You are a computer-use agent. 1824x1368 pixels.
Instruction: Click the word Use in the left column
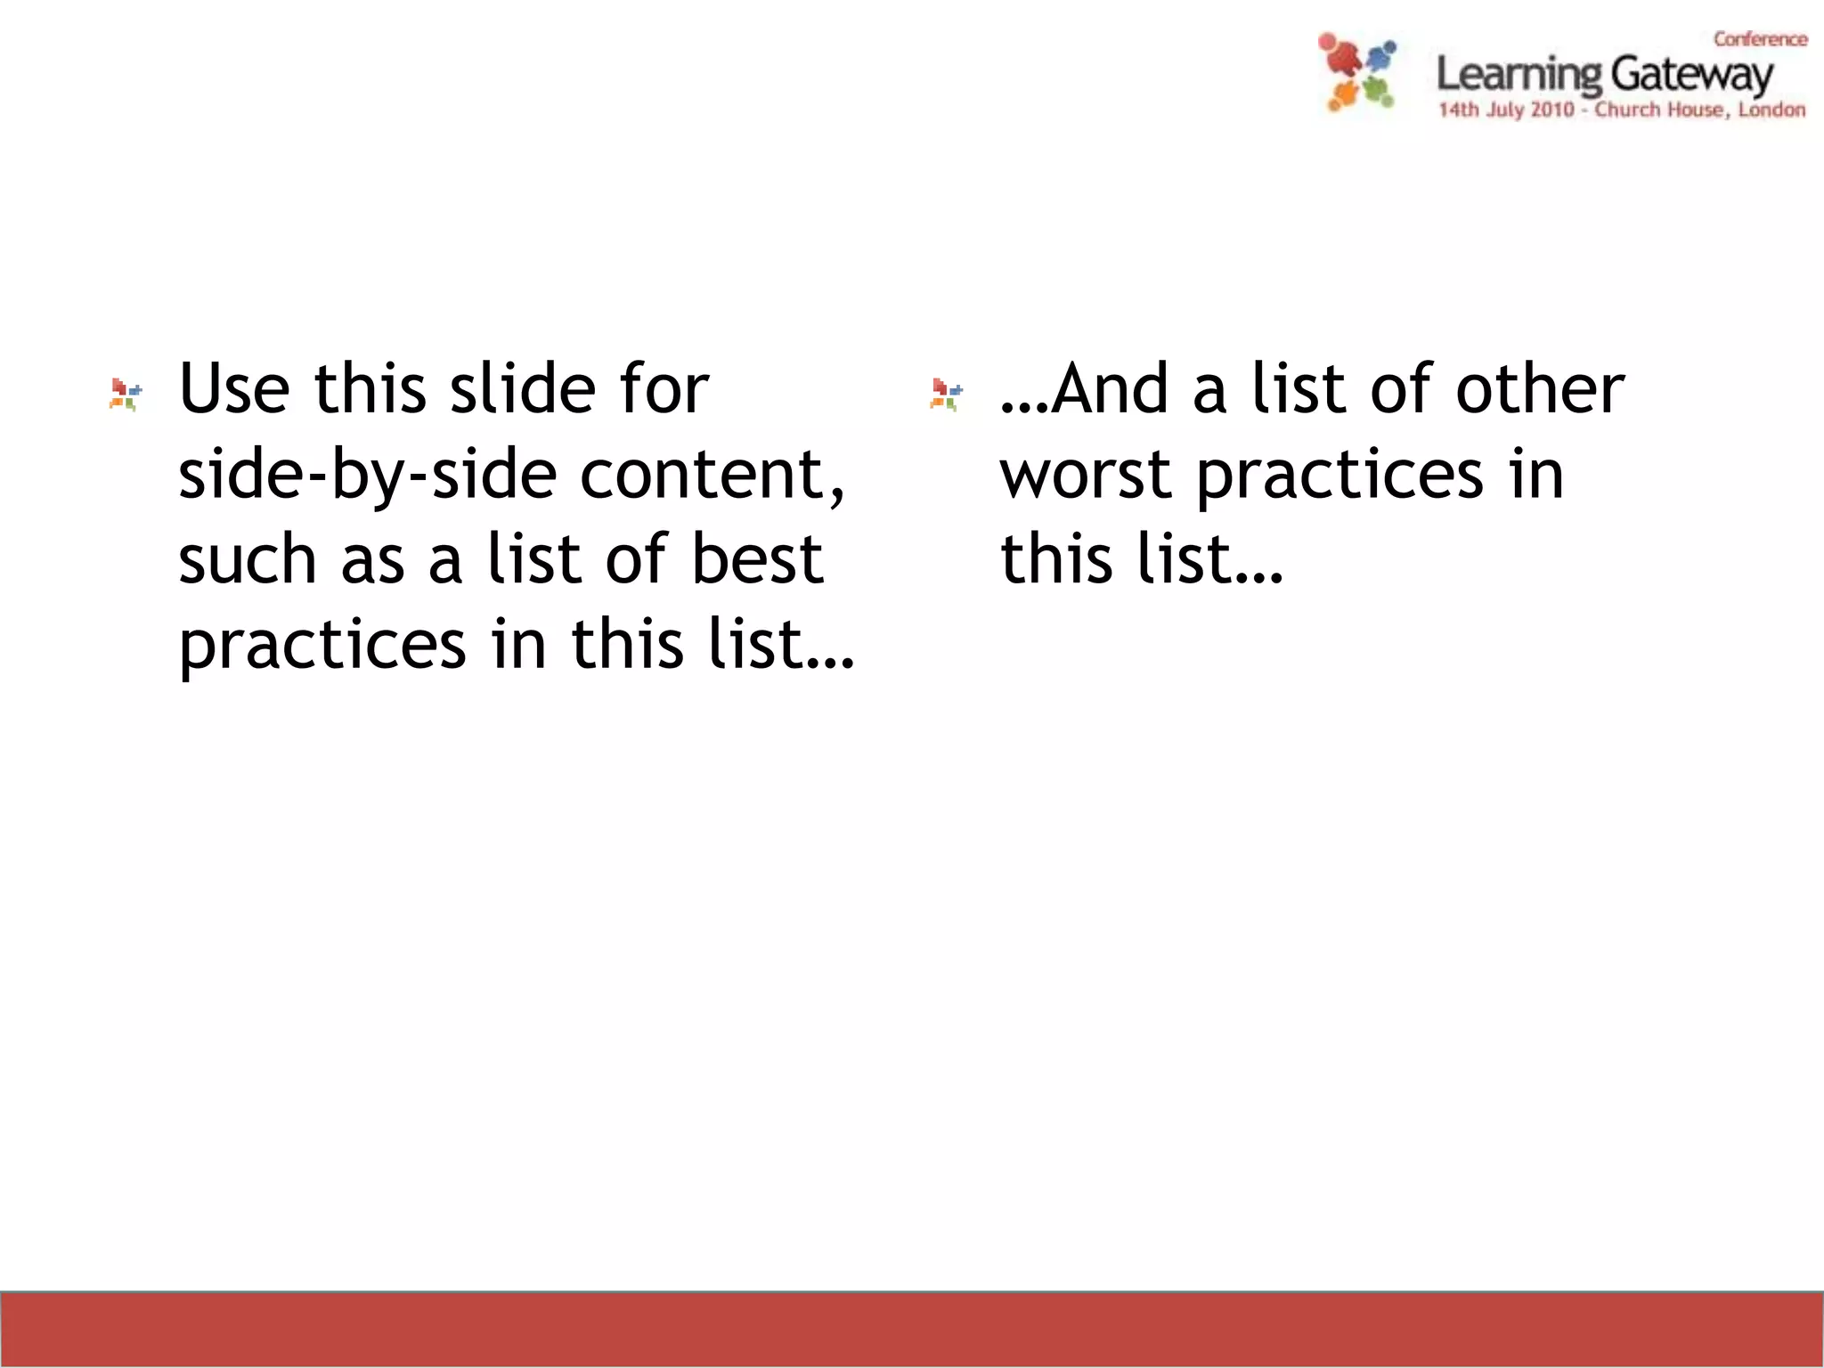click(234, 389)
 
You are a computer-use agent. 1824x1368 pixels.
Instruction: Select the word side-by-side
click(368, 476)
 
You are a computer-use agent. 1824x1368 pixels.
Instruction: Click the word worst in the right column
click(1085, 476)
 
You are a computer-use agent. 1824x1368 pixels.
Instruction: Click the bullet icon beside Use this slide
click(126, 394)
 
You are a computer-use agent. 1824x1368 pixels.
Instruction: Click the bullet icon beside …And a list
click(946, 394)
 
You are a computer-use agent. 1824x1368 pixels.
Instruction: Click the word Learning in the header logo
click(1519, 75)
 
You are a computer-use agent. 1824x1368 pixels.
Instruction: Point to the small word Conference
click(1760, 39)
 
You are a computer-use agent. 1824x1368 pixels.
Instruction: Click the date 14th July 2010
click(1506, 110)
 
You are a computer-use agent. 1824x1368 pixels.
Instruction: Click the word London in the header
click(1771, 110)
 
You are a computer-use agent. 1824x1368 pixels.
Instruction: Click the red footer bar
click(912, 1329)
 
